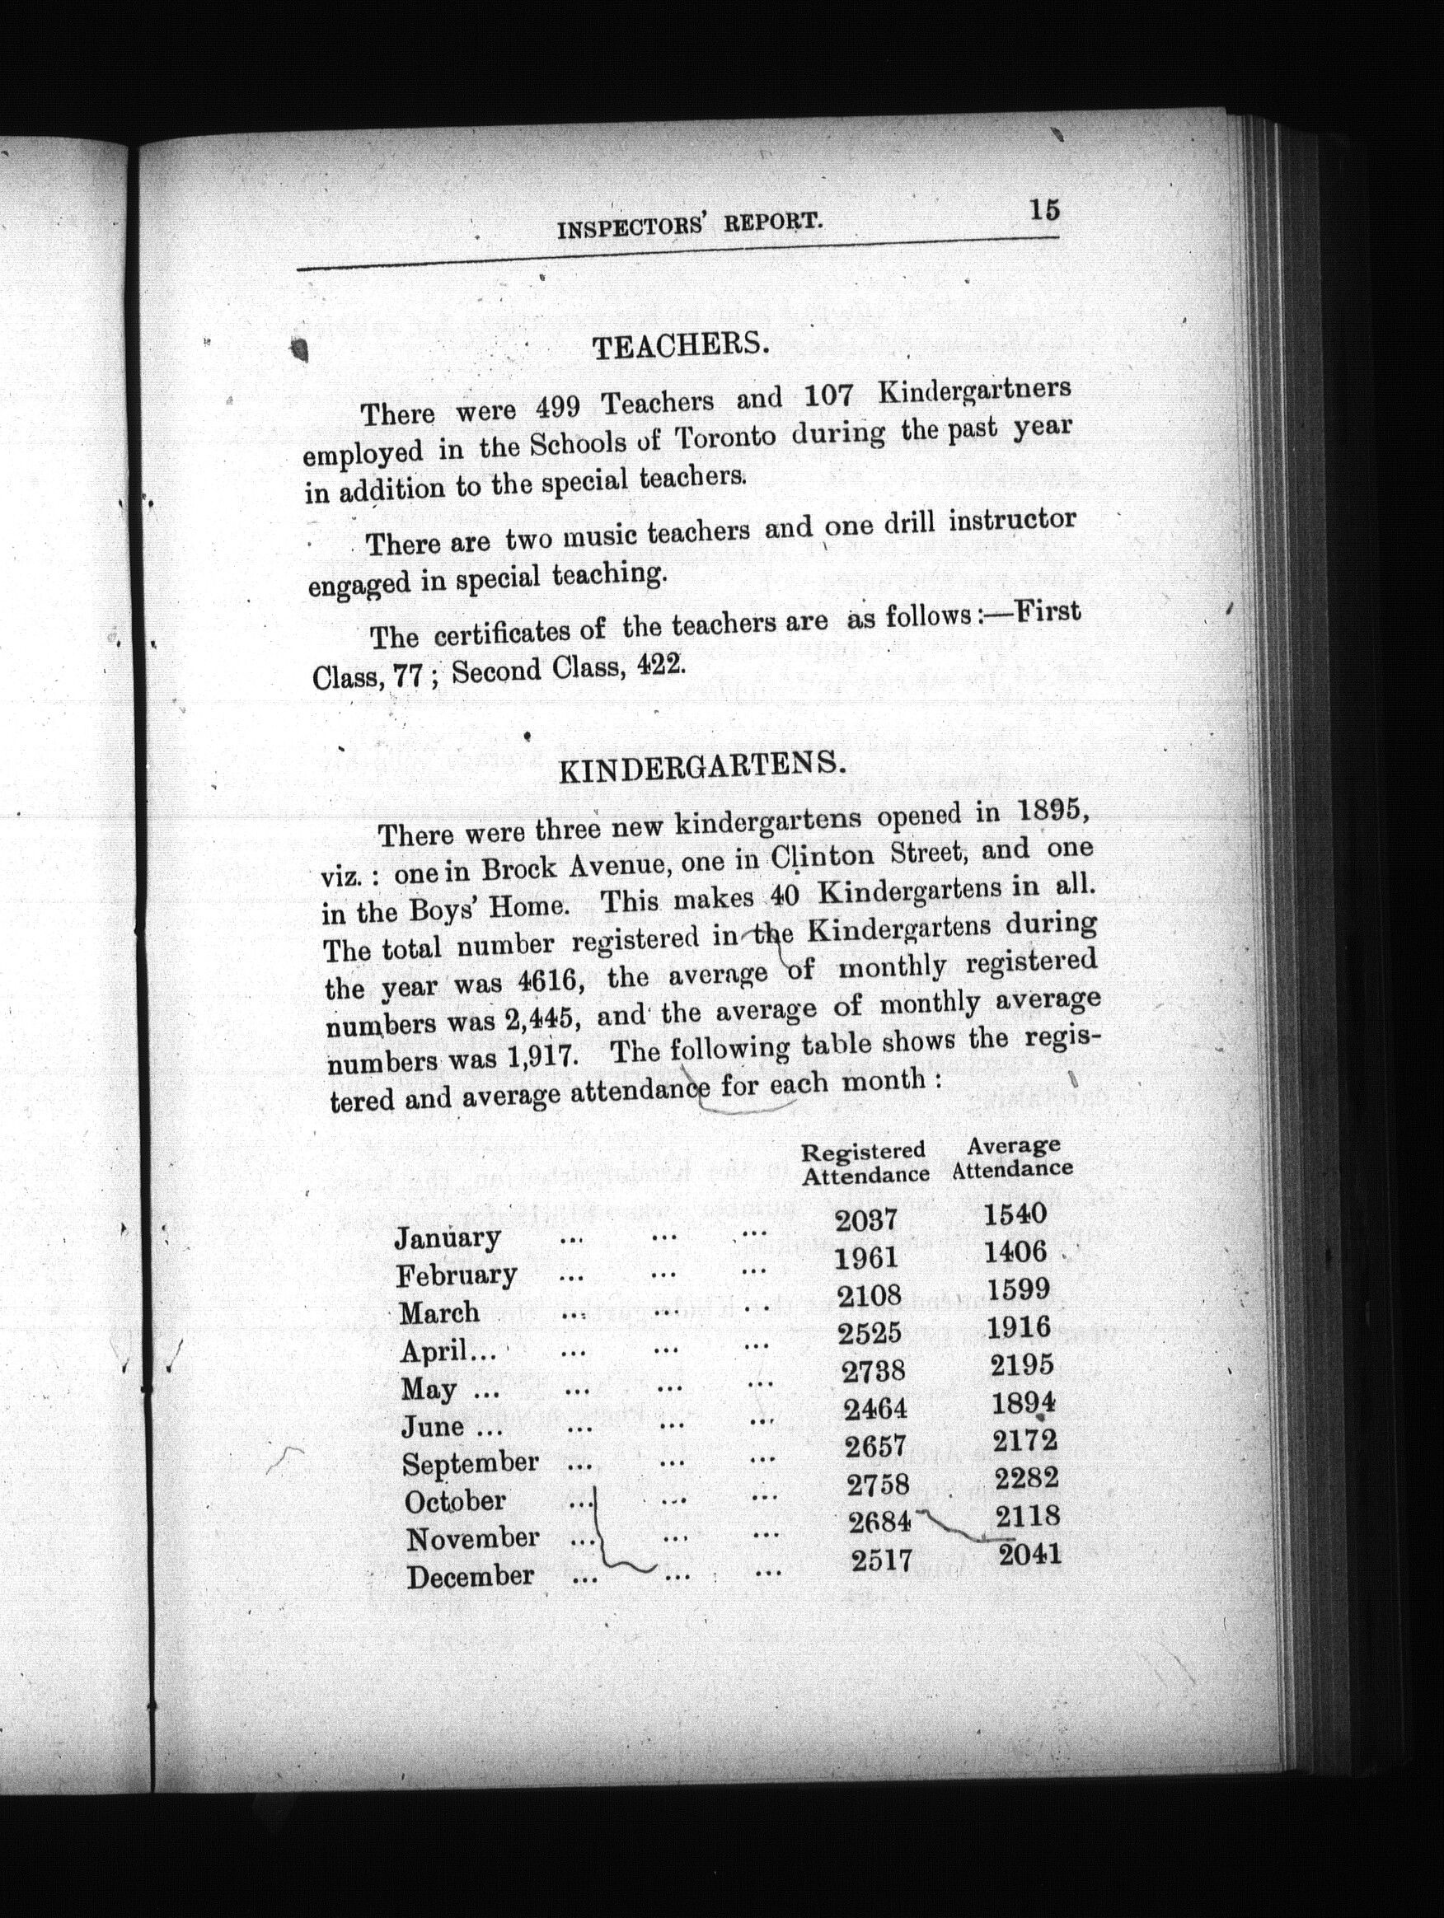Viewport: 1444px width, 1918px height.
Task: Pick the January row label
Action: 448,1237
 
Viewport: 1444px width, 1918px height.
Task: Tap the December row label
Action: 470,1575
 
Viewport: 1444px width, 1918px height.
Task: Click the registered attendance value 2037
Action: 865,1221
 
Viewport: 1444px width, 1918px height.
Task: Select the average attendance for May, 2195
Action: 1022,1366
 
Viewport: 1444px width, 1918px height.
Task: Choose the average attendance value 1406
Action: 1015,1252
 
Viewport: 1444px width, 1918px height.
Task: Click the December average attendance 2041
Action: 1029,1554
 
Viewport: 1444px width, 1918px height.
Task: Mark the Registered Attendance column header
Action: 865,1162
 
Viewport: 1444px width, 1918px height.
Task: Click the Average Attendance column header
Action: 1012,1158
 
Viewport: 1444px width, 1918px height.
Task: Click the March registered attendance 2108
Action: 869,1295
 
